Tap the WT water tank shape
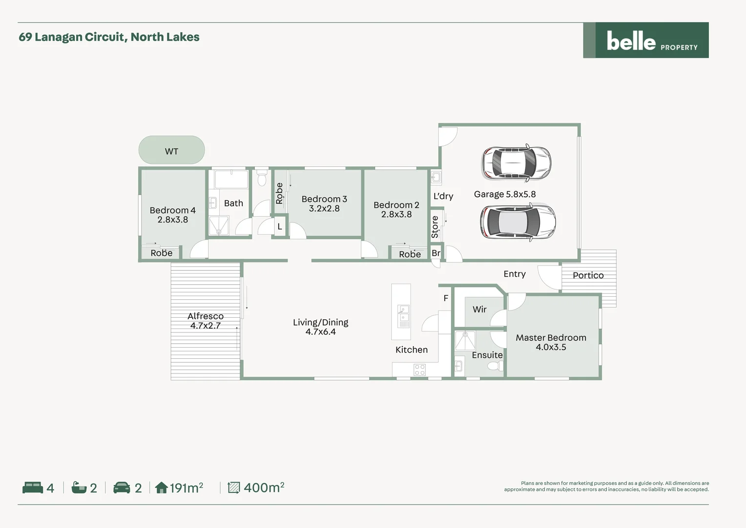[x=171, y=150]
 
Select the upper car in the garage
[x=516, y=163]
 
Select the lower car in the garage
[x=518, y=222]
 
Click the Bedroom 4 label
[x=172, y=215]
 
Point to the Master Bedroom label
[x=551, y=342]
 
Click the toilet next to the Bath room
[x=262, y=178]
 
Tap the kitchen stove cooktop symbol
[x=419, y=370]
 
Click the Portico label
[x=588, y=275]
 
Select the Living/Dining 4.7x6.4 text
[x=320, y=327]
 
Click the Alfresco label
[x=205, y=321]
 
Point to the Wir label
[x=479, y=309]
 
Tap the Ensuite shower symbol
[x=465, y=340]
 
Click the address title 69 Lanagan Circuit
[x=109, y=37]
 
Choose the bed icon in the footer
[x=33, y=487]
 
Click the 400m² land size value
[x=264, y=487]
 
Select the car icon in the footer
[x=122, y=487]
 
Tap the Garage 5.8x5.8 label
[x=504, y=194]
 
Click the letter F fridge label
[x=446, y=298]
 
